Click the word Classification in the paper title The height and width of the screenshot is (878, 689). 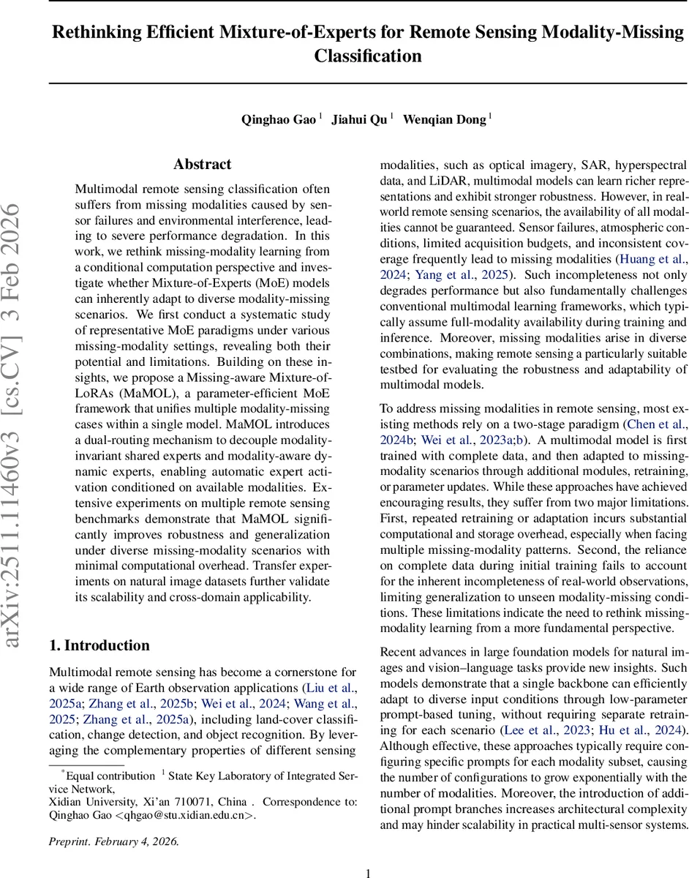pyautogui.click(x=368, y=56)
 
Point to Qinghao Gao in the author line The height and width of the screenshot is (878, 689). pyautogui.click(x=279, y=120)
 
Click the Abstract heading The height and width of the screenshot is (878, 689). pyautogui.click(x=203, y=165)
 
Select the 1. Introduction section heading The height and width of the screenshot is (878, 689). pyautogui.click(x=99, y=645)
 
